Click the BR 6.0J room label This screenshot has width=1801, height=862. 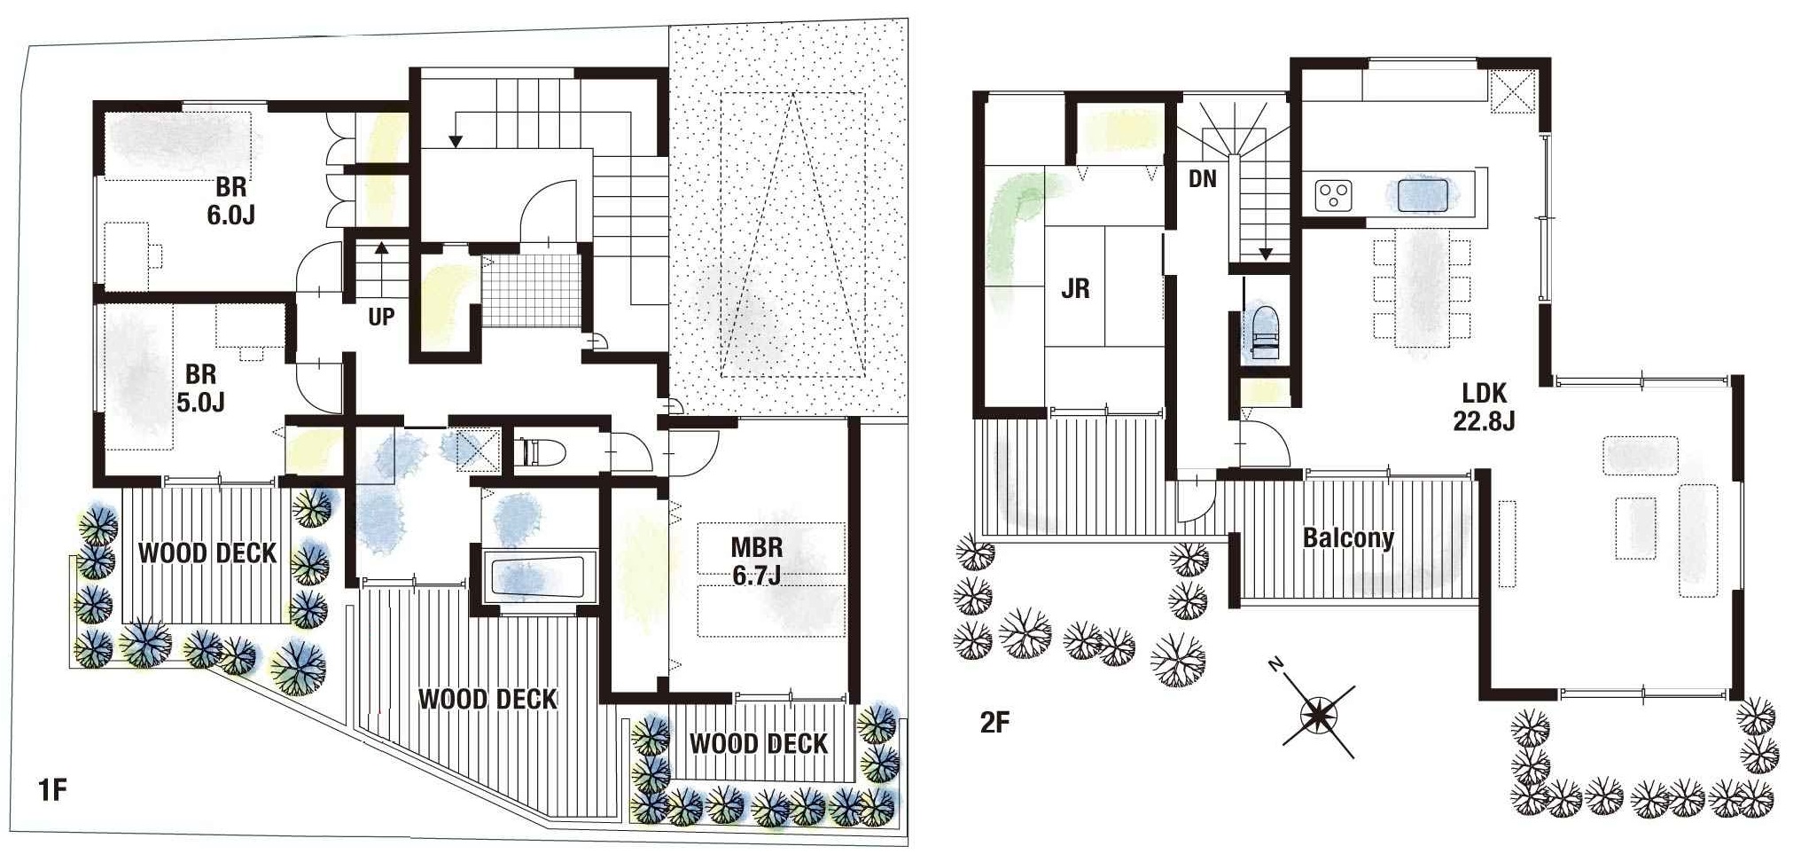click(x=230, y=201)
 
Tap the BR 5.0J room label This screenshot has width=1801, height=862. click(x=200, y=388)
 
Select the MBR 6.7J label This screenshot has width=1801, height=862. click(x=757, y=560)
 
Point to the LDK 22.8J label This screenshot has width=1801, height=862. click(x=1484, y=406)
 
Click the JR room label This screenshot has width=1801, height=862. click(x=1075, y=288)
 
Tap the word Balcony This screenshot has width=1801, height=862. click(x=1348, y=537)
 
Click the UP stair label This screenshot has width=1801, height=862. click(x=381, y=317)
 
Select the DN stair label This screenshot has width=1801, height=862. click(x=1203, y=179)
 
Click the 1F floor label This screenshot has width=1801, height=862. click(x=53, y=789)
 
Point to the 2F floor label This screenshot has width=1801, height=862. click(x=994, y=723)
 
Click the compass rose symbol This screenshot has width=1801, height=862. click(x=1318, y=713)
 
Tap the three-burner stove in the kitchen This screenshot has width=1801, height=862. click(x=1333, y=195)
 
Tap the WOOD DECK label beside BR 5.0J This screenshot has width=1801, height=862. click(x=207, y=553)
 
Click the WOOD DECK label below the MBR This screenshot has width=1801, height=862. click(x=759, y=743)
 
